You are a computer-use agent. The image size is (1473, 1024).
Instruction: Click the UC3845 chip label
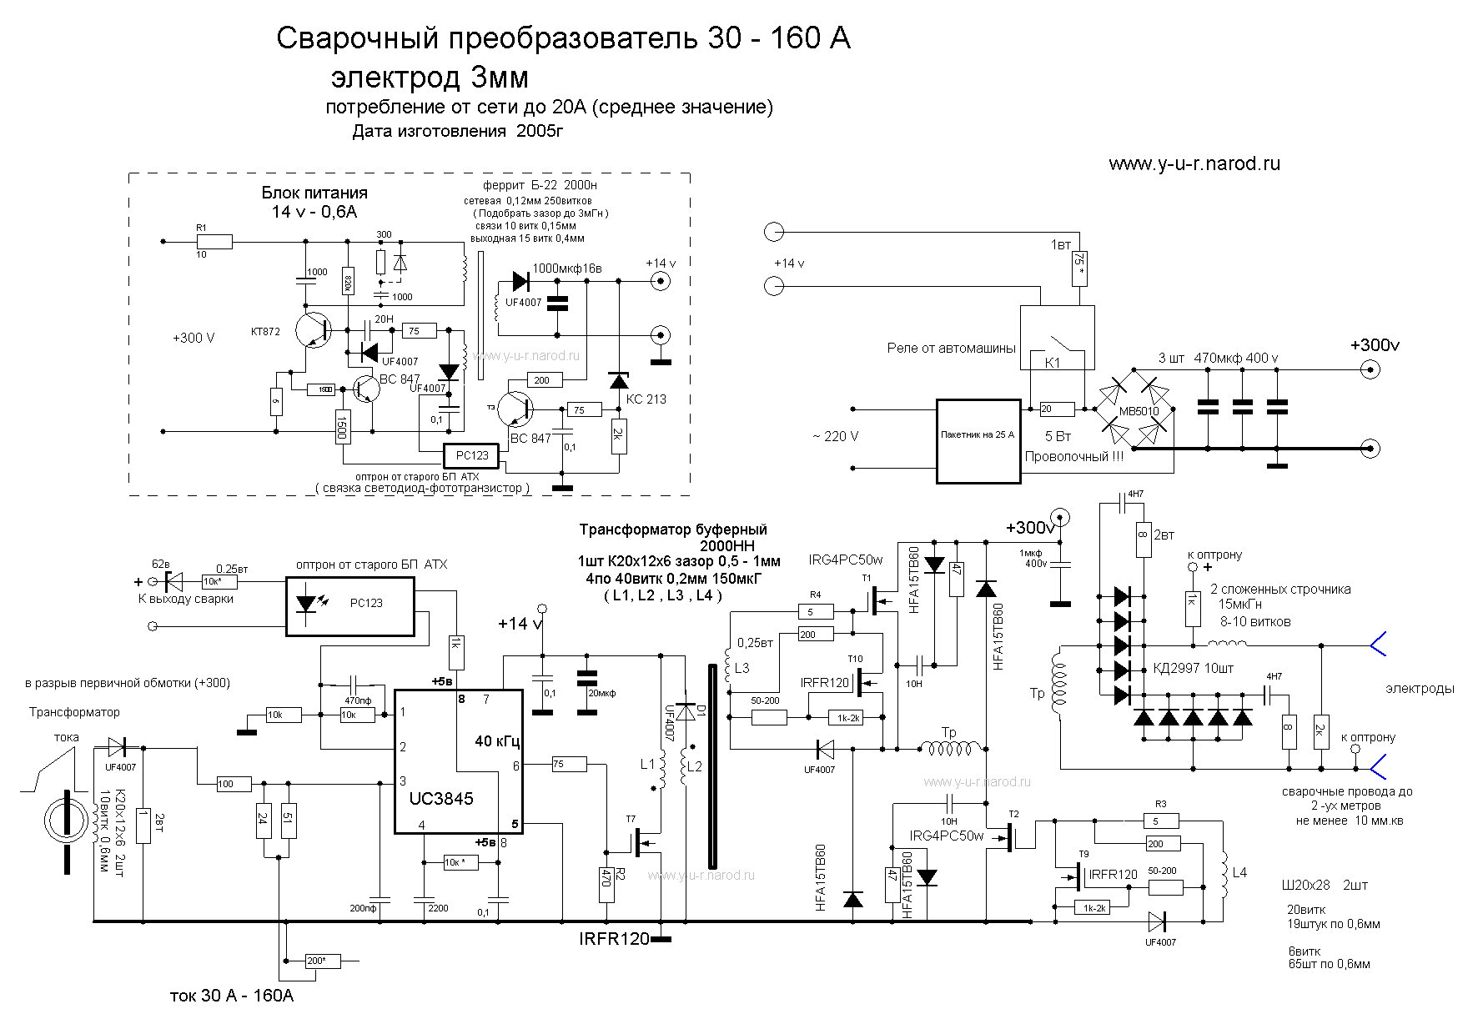point(441,798)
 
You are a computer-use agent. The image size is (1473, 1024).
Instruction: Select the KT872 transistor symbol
point(314,331)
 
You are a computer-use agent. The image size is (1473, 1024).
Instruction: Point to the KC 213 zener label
point(646,399)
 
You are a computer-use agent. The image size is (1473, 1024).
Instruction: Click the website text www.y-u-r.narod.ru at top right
point(1194,163)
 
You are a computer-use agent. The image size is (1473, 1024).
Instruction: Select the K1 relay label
point(1052,364)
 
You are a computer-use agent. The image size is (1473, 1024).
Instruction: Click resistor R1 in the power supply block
point(214,241)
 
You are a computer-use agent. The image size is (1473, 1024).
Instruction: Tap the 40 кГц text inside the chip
point(498,740)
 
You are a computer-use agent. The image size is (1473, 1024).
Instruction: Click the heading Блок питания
point(314,193)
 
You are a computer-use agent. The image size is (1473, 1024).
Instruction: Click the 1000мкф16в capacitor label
point(566,268)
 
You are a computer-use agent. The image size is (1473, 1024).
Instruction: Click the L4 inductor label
point(1239,872)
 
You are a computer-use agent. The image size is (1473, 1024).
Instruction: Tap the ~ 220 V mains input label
point(835,436)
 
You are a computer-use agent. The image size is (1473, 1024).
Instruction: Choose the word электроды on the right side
point(1420,689)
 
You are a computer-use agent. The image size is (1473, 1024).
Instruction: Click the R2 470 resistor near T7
point(606,885)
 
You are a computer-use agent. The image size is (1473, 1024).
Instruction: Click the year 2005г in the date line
point(540,131)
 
